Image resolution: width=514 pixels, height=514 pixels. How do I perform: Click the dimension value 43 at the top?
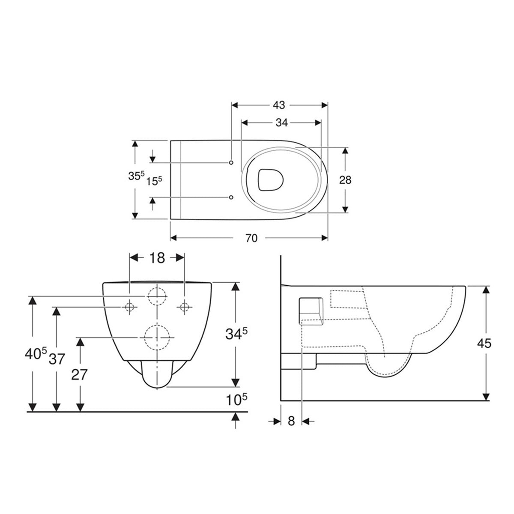tap(279, 105)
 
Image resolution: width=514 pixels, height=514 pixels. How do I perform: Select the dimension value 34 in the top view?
tap(281, 123)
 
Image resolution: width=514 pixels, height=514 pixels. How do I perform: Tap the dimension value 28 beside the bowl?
tap(345, 180)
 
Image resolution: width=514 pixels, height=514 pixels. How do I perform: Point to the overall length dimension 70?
tap(251, 238)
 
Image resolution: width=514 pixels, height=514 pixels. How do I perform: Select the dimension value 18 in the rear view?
tap(157, 257)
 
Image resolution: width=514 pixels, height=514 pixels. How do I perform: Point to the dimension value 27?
tap(80, 375)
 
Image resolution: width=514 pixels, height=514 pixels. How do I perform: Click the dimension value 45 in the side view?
tap(485, 343)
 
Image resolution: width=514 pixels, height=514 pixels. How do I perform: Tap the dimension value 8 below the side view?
tap(291, 421)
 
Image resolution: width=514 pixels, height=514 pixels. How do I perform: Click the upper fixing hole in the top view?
tap(231, 163)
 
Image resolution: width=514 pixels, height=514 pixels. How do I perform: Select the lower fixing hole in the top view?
tap(231, 197)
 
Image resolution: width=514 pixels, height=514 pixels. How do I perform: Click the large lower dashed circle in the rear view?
tap(157, 338)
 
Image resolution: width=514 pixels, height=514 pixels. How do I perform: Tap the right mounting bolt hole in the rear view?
tap(185, 307)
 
